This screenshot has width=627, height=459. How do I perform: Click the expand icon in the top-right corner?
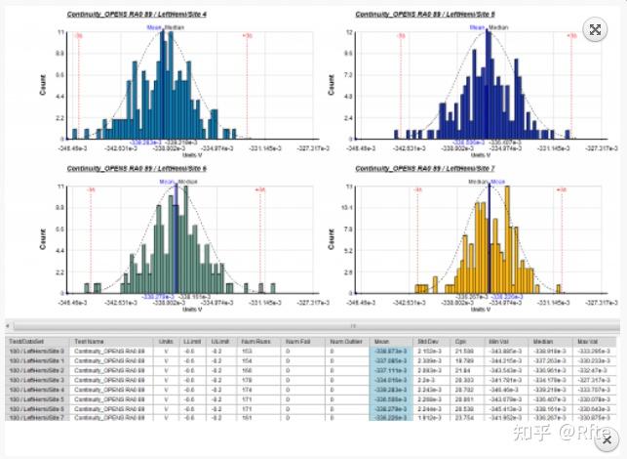click(594, 29)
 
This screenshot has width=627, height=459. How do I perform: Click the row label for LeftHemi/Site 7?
click(39, 417)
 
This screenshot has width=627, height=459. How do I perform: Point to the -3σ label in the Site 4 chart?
click(79, 35)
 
